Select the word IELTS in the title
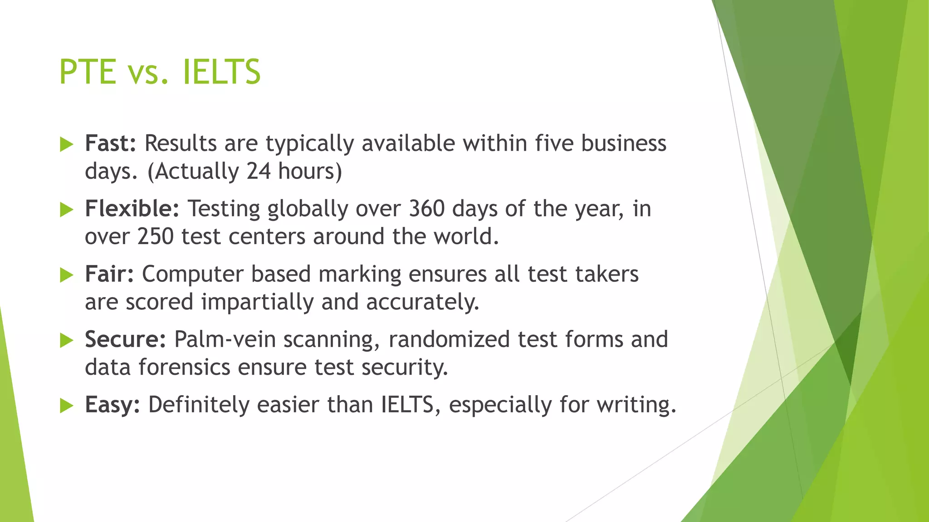tap(221, 72)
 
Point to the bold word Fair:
tap(109, 274)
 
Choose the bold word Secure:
tap(126, 339)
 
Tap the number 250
tap(155, 237)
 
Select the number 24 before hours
tap(259, 171)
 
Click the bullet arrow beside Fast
tap(66, 145)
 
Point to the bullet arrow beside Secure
tap(66, 340)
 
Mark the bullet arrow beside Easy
tap(66, 406)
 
